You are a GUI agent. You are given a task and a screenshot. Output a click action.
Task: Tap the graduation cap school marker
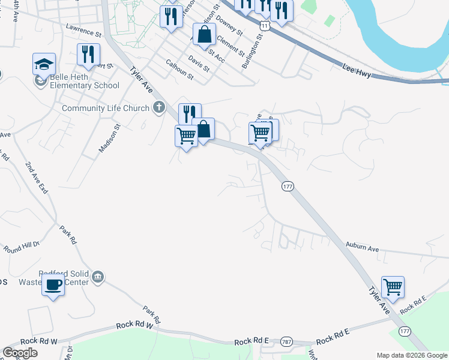(x=44, y=64)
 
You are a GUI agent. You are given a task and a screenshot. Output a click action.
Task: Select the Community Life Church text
(x=106, y=109)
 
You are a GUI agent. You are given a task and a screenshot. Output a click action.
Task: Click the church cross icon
(x=158, y=108)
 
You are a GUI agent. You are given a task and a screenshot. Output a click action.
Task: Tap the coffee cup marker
(x=53, y=284)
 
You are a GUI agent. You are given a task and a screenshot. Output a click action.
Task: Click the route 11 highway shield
(x=265, y=26)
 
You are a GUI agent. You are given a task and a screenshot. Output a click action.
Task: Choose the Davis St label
(x=198, y=64)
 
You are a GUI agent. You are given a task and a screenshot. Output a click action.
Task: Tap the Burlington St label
(x=252, y=51)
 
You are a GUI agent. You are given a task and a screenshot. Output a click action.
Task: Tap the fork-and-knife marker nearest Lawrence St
(x=88, y=55)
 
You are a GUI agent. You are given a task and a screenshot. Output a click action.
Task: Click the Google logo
(x=20, y=353)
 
